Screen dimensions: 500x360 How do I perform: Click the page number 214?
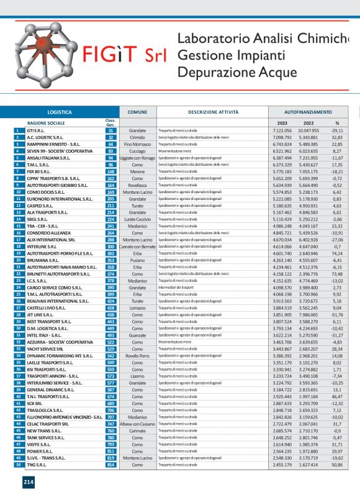click(x=29, y=481)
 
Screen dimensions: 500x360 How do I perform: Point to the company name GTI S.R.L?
click(x=36, y=131)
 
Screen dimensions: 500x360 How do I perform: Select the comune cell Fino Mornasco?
click(x=137, y=143)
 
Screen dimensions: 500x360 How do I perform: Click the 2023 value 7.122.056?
click(x=282, y=131)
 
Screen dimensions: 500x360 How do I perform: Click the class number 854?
click(x=110, y=464)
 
